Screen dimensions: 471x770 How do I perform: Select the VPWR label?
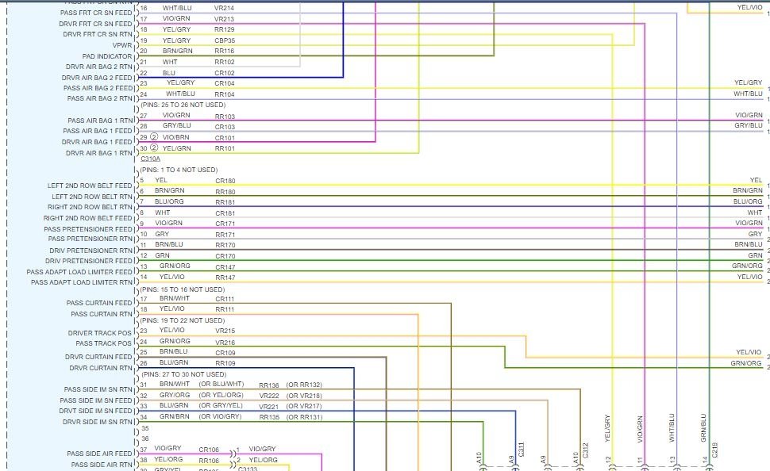[x=122, y=45]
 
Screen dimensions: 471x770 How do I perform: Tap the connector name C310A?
[x=150, y=159]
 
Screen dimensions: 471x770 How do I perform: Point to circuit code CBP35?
[x=225, y=40]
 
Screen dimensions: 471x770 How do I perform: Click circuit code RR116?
[x=225, y=51]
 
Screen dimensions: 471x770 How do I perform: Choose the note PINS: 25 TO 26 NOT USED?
[x=183, y=105]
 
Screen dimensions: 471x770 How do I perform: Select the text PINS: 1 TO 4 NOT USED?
[x=179, y=170]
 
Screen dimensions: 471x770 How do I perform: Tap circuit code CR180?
[x=225, y=181]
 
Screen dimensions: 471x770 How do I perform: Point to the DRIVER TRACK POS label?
[x=100, y=333]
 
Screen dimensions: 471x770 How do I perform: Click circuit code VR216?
[x=225, y=341]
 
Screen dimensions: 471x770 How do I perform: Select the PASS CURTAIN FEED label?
[x=99, y=303]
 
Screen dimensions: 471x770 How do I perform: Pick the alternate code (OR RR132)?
[x=304, y=385]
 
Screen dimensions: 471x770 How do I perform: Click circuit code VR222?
[x=269, y=395]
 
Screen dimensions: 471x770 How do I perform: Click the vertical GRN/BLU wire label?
[x=703, y=426]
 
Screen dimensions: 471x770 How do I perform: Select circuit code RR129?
[x=225, y=29]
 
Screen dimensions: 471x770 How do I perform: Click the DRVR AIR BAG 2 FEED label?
[x=99, y=78]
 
